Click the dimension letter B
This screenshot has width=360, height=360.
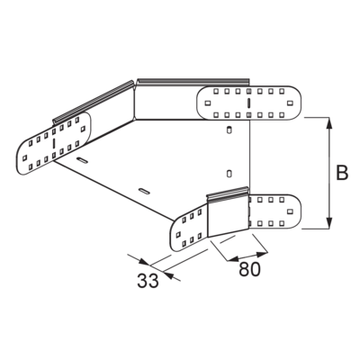click(x=342, y=173)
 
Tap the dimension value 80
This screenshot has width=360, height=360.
click(x=249, y=269)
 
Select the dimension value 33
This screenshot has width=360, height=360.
click(x=148, y=281)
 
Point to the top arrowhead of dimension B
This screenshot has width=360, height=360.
click(x=329, y=123)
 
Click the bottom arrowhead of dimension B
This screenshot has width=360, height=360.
click(x=329, y=223)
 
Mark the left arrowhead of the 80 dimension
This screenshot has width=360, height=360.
click(x=233, y=258)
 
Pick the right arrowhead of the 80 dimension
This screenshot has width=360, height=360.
click(x=261, y=255)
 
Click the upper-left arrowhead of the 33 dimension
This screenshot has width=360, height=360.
click(x=144, y=262)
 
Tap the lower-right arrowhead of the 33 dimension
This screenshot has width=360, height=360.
click(x=169, y=274)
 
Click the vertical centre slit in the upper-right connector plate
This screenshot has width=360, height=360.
click(x=248, y=103)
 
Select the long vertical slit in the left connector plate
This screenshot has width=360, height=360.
click(x=54, y=144)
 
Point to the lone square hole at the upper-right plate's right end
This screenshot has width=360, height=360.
click(x=290, y=103)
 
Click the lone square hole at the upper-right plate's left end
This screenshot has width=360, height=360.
click(x=207, y=103)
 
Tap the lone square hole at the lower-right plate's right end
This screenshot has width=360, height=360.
click(x=290, y=211)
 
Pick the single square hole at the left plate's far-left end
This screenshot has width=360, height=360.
click(x=25, y=157)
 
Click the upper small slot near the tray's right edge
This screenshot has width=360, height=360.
click(x=229, y=130)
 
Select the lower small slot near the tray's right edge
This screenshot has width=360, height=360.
click(x=229, y=173)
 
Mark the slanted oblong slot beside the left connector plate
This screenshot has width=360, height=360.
click(x=83, y=160)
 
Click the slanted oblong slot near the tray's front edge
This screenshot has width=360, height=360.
click(x=144, y=191)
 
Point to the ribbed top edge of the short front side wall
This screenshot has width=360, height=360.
click(x=228, y=193)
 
